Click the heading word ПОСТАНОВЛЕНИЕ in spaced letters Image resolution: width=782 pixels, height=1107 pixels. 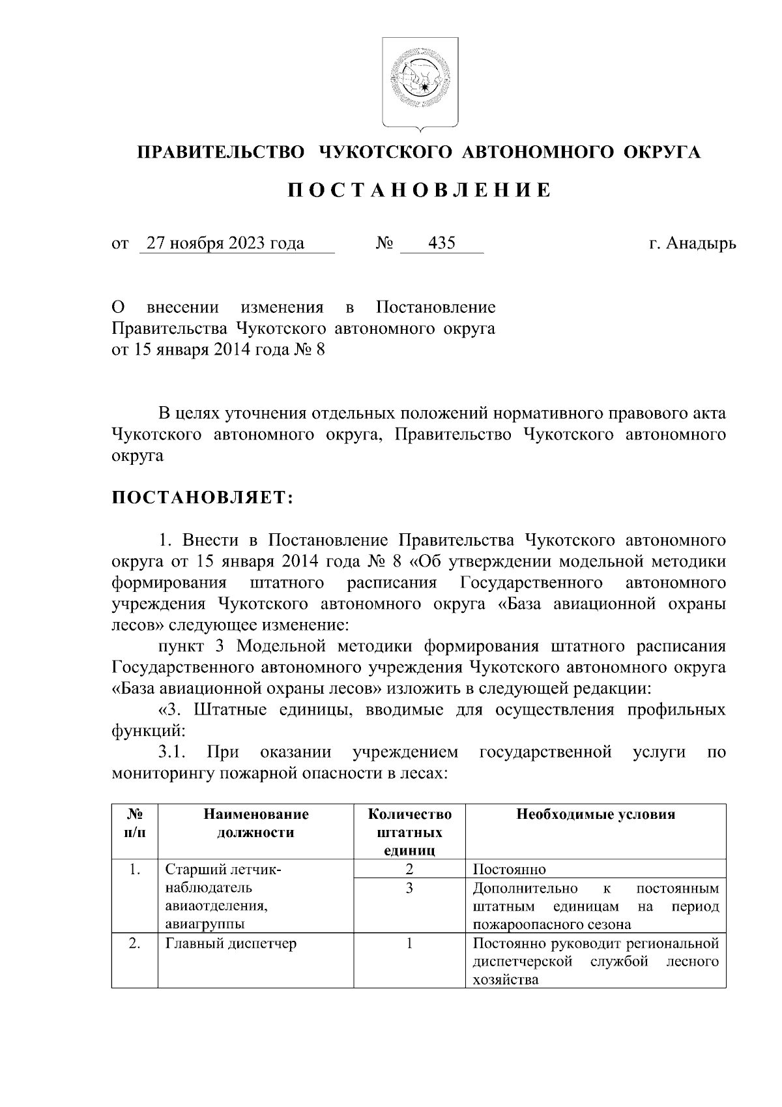point(420,190)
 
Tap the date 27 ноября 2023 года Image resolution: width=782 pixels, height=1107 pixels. point(225,244)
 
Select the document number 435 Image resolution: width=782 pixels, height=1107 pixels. point(441,244)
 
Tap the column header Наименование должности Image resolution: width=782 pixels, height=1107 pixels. point(255,823)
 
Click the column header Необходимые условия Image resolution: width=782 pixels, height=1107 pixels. point(595,814)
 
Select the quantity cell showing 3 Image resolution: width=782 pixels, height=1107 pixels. point(409,889)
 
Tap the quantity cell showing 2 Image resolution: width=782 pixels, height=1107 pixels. point(409,869)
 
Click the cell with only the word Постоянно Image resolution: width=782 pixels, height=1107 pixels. point(509,870)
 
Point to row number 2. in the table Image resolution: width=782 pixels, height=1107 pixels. point(134,943)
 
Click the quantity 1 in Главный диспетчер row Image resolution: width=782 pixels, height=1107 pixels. point(409,943)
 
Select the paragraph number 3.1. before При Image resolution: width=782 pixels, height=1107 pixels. point(173,752)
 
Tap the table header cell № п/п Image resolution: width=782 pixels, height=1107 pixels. point(135,823)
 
